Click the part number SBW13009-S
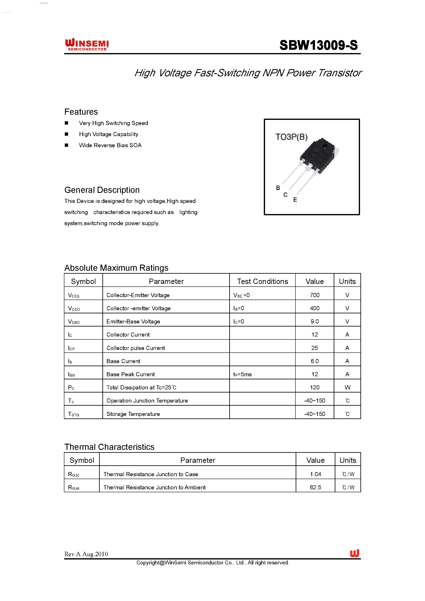point(318,45)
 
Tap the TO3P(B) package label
point(291,137)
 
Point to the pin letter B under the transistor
point(278,188)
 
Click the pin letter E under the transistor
point(295,200)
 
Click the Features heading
point(81,112)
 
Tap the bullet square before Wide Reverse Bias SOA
point(66,145)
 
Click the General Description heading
point(102,190)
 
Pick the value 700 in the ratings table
point(315,295)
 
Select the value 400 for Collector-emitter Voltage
point(315,308)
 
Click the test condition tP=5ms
point(242,374)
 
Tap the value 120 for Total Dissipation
point(315,387)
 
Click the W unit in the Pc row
point(347,387)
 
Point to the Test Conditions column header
point(263,281)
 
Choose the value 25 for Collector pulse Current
point(315,348)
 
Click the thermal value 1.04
point(315,474)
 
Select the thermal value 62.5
point(315,487)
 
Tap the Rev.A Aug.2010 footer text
point(86,554)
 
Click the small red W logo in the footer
point(355,553)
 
